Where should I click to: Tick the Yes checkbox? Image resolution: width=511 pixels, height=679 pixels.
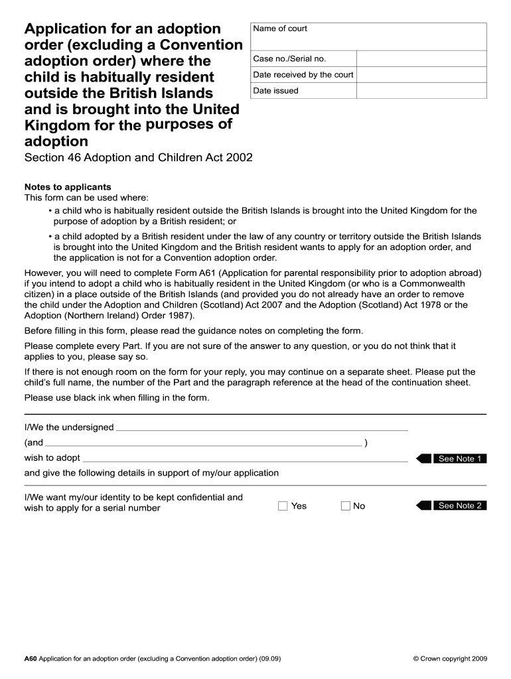click(x=283, y=506)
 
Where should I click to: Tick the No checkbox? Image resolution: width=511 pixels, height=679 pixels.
click(x=345, y=506)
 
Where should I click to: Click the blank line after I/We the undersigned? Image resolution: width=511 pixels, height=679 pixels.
click(x=261, y=428)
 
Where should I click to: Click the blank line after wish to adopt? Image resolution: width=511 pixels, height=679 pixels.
click(x=245, y=458)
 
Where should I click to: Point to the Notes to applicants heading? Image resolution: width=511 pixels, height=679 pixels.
click(x=68, y=187)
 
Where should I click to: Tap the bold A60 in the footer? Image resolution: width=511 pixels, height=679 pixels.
click(x=30, y=659)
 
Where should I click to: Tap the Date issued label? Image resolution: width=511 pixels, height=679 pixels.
click(x=275, y=91)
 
